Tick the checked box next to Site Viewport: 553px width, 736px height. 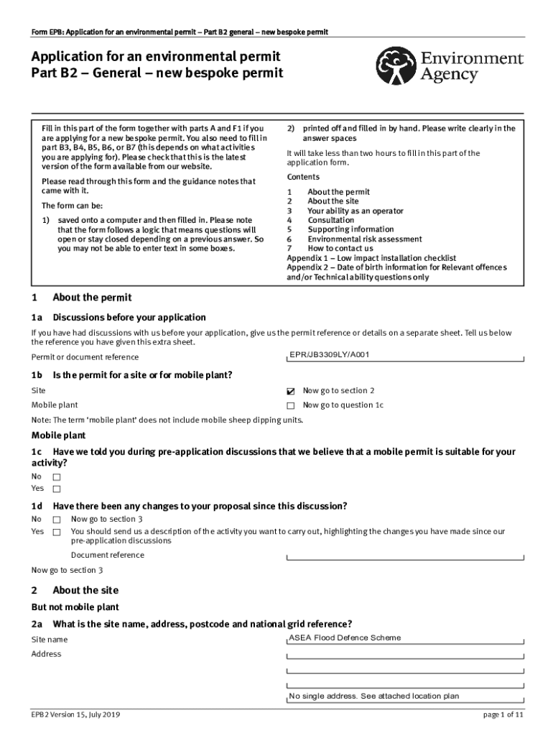click(291, 392)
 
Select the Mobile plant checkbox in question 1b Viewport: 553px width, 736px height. click(291, 406)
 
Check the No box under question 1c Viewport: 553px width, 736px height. click(57, 477)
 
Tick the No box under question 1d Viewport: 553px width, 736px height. click(57, 520)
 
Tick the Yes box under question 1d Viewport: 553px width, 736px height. click(57, 533)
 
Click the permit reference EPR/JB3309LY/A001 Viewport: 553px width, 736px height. click(330, 355)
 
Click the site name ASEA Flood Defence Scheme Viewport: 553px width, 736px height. click(345, 638)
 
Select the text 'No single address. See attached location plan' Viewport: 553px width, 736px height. click(374, 696)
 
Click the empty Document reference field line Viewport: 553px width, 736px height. click(405, 556)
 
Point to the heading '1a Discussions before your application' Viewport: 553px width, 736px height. click(118, 318)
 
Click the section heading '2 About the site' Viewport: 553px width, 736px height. click(75, 591)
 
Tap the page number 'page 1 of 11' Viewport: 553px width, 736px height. click(503, 716)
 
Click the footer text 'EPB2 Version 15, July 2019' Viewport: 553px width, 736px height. click(75, 716)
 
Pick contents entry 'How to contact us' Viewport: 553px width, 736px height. click(340, 249)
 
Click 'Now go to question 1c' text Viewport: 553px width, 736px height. click(343, 405)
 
